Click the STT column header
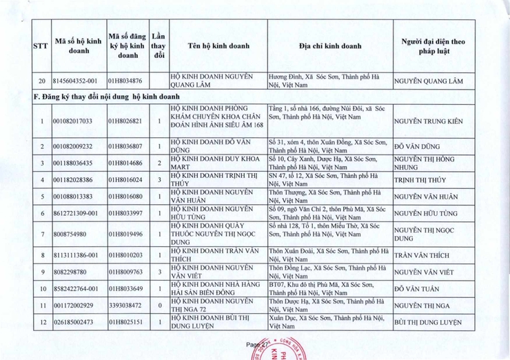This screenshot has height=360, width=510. [41, 46]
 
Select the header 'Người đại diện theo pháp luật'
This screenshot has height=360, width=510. [433, 46]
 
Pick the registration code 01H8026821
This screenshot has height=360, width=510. [125, 121]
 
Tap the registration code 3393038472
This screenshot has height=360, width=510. [125, 305]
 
